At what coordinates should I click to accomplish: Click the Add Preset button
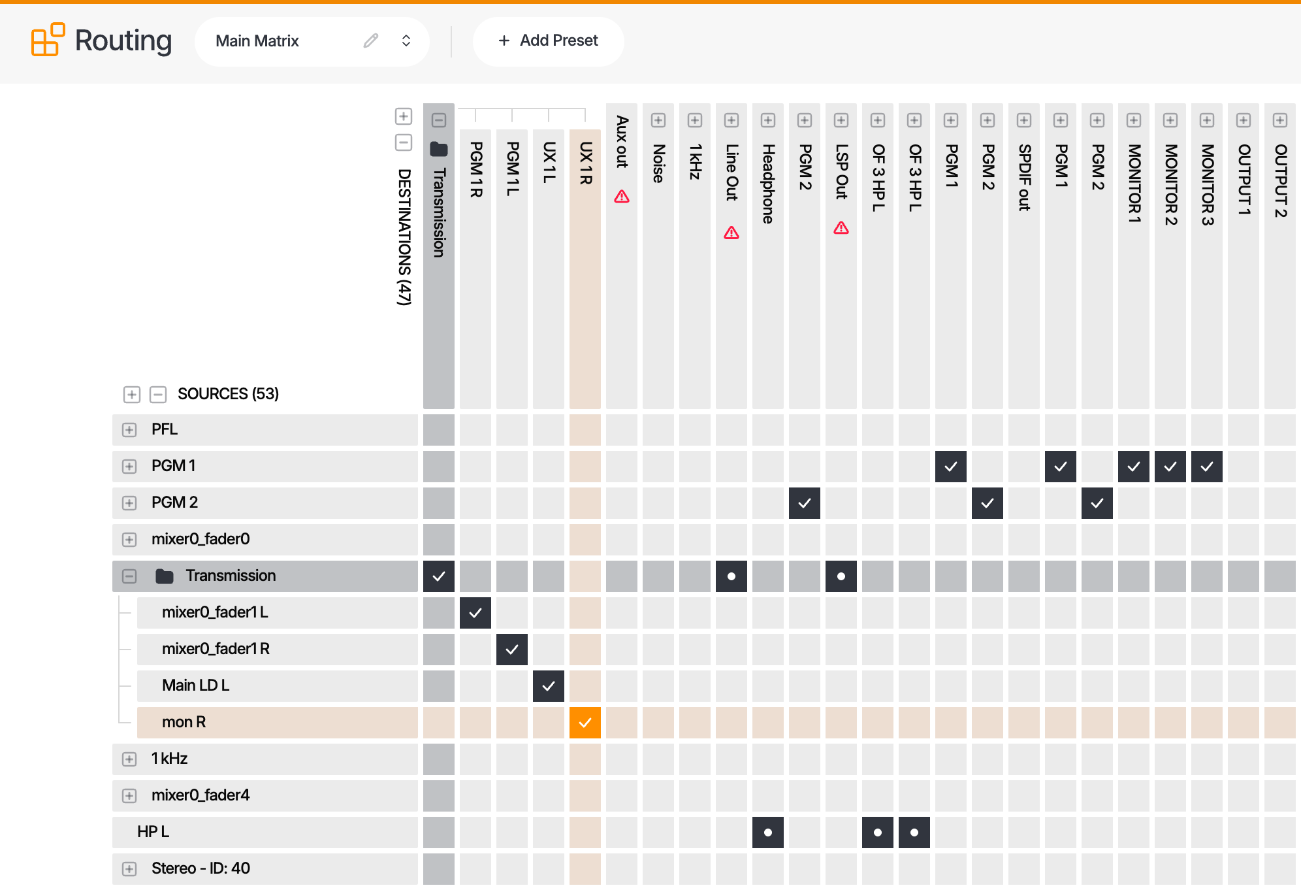pyautogui.click(x=548, y=41)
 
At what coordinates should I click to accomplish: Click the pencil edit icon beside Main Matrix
pyautogui.click(x=371, y=41)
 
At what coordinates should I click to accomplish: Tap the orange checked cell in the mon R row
pyautogui.click(x=585, y=723)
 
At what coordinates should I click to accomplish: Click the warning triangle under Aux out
pyautogui.click(x=622, y=196)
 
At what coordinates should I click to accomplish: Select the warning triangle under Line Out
pyautogui.click(x=731, y=233)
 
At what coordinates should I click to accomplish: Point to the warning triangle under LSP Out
pyautogui.click(x=841, y=227)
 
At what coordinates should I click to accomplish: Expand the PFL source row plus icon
pyautogui.click(x=129, y=430)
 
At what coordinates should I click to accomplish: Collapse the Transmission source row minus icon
pyautogui.click(x=129, y=576)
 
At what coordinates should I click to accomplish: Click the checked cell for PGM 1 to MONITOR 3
pyautogui.click(x=1207, y=467)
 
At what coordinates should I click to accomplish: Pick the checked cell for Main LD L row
pyautogui.click(x=549, y=686)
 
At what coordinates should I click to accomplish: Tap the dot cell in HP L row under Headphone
pyautogui.click(x=768, y=832)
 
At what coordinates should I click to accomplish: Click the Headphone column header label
pyautogui.click(x=768, y=184)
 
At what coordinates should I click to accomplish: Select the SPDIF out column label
pyautogui.click(x=1024, y=177)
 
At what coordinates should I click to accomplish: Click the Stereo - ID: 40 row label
pyautogui.click(x=201, y=868)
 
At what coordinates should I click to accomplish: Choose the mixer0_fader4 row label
pyautogui.click(x=201, y=795)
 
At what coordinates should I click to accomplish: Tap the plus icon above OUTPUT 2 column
pyautogui.click(x=1280, y=120)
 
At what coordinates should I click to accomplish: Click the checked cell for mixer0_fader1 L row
pyautogui.click(x=475, y=613)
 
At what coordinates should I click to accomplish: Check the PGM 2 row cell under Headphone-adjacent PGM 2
pyautogui.click(x=805, y=503)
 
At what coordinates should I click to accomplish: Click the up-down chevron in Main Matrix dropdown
pyautogui.click(x=406, y=41)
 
